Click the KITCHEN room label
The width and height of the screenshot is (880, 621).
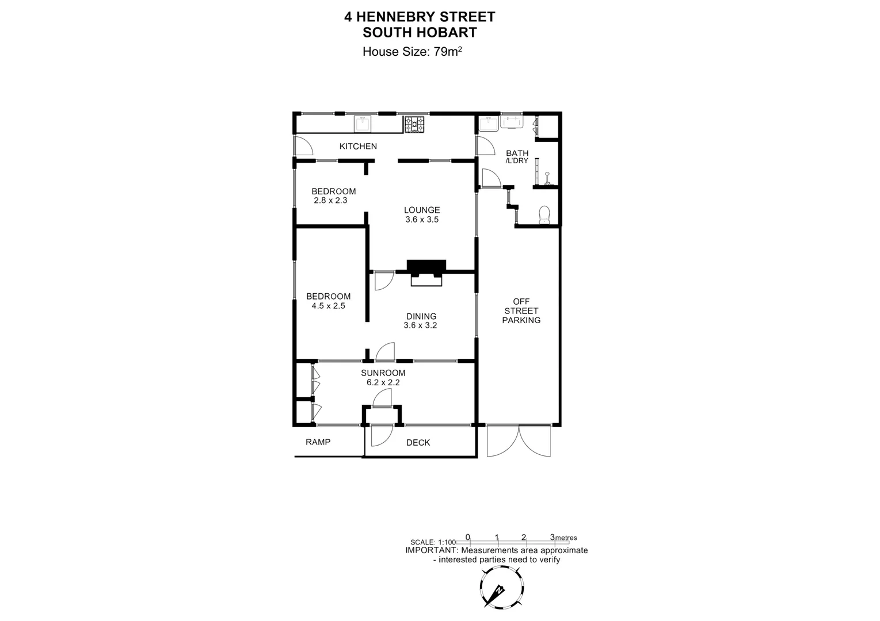pyautogui.click(x=358, y=146)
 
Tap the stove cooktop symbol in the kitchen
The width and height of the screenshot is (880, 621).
pyautogui.click(x=414, y=124)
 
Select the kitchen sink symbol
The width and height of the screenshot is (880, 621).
pyautogui.click(x=362, y=124)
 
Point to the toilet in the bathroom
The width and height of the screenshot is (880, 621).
pyautogui.click(x=544, y=215)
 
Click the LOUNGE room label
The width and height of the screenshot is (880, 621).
pyautogui.click(x=421, y=210)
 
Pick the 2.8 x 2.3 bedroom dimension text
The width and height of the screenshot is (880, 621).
pyautogui.click(x=330, y=201)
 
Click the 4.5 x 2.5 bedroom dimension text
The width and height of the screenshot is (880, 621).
pyautogui.click(x=328, y=306)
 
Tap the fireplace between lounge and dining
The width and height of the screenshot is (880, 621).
pyautogui.click(x=426, y=272)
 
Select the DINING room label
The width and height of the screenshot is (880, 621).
pyautogui.click(x=421, y=316)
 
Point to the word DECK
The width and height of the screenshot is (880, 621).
pyautogui.click(x=418, y=442)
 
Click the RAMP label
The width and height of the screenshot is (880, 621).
pyautogui.click(x=318, y=442)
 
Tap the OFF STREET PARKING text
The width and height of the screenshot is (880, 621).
pyautogui.click(x=521, y=310)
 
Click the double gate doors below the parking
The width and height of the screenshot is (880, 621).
pyautogui.click(x=519, y=441)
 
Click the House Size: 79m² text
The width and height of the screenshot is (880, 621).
pyautogui.click(x=412, y=52)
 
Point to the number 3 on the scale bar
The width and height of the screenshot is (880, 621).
pyautogui.click(x=552, y=537)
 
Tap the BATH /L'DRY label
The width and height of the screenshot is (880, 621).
pyautogui.click(x=517, y=156)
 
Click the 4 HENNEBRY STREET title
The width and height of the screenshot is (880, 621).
pyautogui.click(x=419, y=17)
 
